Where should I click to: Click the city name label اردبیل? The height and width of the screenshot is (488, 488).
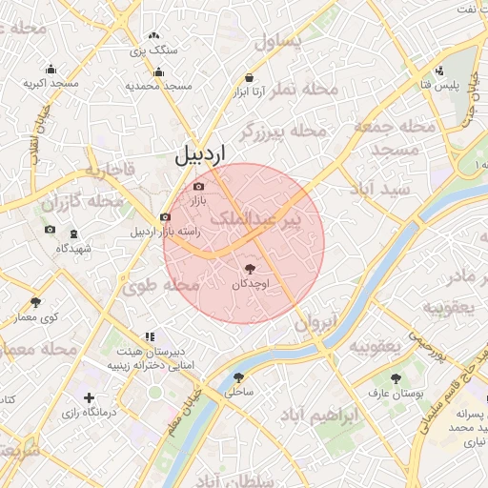point(202,155)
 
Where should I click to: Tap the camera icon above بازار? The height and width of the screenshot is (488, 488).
point(198,188)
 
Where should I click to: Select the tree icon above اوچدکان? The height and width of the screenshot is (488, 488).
point(251,269)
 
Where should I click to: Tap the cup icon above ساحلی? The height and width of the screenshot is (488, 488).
point(237,377)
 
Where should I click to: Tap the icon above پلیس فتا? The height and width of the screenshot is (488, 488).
point(438,71)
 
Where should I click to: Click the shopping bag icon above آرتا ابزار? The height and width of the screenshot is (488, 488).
point(250,77)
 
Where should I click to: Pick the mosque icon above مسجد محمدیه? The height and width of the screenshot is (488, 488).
point(158,72)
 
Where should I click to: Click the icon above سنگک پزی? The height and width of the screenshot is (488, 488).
point(153,36)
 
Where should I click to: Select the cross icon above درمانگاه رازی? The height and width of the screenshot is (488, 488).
point(89,397)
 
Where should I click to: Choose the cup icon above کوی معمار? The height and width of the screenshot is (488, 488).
point(35,302)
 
